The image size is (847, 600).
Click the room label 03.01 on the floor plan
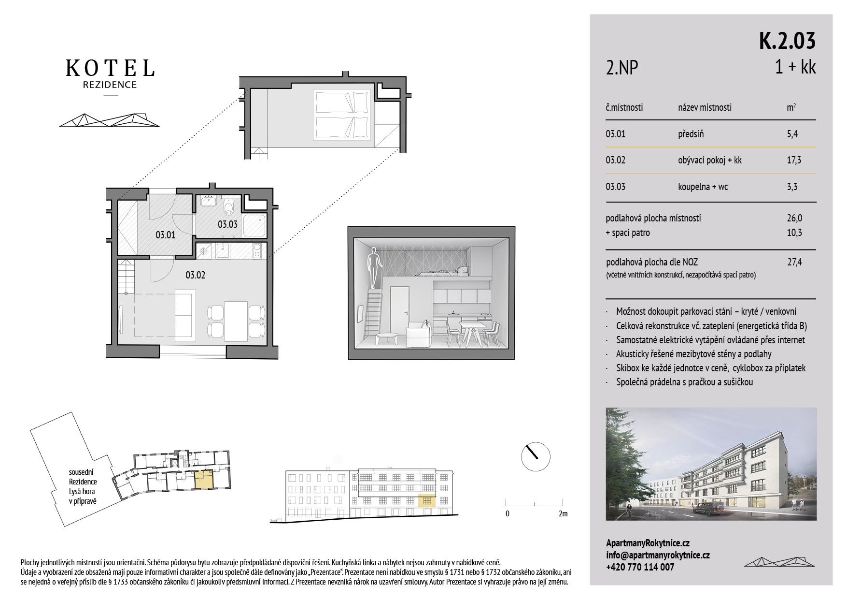[x=165, y=235]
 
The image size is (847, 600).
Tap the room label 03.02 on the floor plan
[x=196, y=275]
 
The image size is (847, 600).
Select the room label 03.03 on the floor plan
[x=227, y=224]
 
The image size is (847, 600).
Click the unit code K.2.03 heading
[x=787, y=41]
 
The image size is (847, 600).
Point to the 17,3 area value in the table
[x=794, y=160]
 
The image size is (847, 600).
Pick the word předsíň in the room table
[x=691, y=134]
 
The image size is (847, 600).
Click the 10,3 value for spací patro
[x=794, y=233]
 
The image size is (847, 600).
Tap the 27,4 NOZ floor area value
[x=794, y=262]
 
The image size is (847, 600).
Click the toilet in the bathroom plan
[x=229, y=206]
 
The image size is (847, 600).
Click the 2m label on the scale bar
[x=563, y=513]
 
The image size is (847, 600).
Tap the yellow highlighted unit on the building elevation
[x=426, y=501]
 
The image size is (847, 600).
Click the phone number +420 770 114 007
[x=640, y=567]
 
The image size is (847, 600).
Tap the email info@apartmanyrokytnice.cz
[x=658, y=555]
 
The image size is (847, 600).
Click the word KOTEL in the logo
[x=110, y=68]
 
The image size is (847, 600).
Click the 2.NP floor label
[x=622, y=68]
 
